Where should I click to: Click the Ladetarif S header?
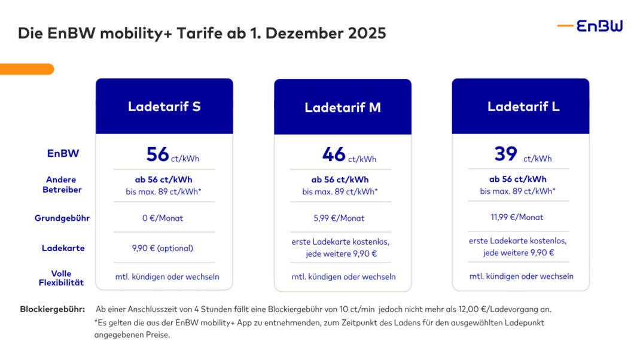(x=164, y=106)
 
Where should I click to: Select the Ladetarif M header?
(x=342, y=108)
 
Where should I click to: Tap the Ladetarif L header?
(x=520, y=106)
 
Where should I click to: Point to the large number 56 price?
(x=158, y=154)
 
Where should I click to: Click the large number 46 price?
(x=334, y=154)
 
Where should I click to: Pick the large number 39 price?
(x=505, y=154)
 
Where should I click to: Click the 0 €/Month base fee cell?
(x=163, y=218)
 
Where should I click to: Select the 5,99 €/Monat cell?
(x=340, y=218)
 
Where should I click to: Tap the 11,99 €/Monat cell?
(x=517, y=217)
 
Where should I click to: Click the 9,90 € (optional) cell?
(x=163, y=248)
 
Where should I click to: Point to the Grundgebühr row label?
(x=62, y=218)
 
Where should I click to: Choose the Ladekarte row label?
(x=63, y=248)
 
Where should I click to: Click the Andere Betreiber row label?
(x=62, y=184)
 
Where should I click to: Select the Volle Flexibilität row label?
(x=62, y=278)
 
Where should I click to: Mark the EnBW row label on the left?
(x=63, y=154)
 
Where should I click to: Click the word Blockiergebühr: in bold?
(x=53, y=309)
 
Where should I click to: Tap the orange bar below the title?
(x=26, y=69)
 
